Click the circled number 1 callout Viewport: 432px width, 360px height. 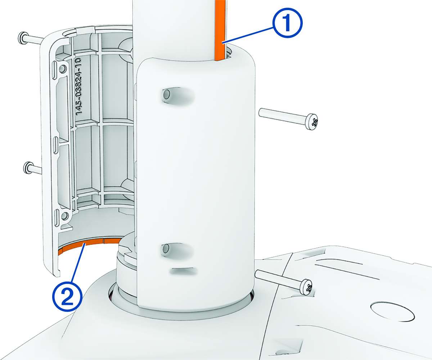click(x=287, y=23)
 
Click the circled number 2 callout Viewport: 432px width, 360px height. click(x=67, y=296)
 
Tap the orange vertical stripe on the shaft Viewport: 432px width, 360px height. click(x=220, y=30)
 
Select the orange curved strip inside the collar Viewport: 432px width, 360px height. click(x=89, y=245)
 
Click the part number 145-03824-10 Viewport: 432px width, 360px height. click(x=79, y=86)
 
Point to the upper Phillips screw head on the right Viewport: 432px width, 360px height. click(x=312, y=122)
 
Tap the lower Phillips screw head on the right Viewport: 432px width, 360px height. click(x=306, y=287)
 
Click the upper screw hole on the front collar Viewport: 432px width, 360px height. click(x=166, y=95)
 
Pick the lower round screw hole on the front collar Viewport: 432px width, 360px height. click(x=166, y=248)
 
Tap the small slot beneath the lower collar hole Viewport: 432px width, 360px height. click(x=183, y=271)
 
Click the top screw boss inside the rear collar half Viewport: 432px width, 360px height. click(x=63, y=67)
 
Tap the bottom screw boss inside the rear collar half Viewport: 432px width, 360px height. click(x=64, y=216)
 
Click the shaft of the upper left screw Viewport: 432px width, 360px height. click(x=34, y=39)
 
